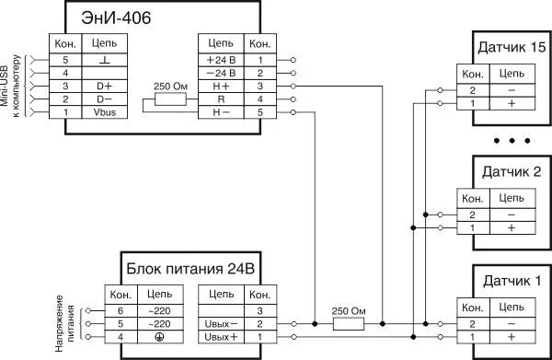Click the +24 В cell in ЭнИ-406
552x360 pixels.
[x=222, y=57]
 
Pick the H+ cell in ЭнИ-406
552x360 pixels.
[x=222, y=85]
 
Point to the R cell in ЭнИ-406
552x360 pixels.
[x=222, y=99]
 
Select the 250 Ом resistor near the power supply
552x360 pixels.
[x=347, y=325]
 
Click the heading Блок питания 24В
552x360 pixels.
[x=192, y=270]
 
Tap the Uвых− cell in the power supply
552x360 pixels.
[x=222, y=325]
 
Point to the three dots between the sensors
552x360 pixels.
[x=512, y=141]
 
